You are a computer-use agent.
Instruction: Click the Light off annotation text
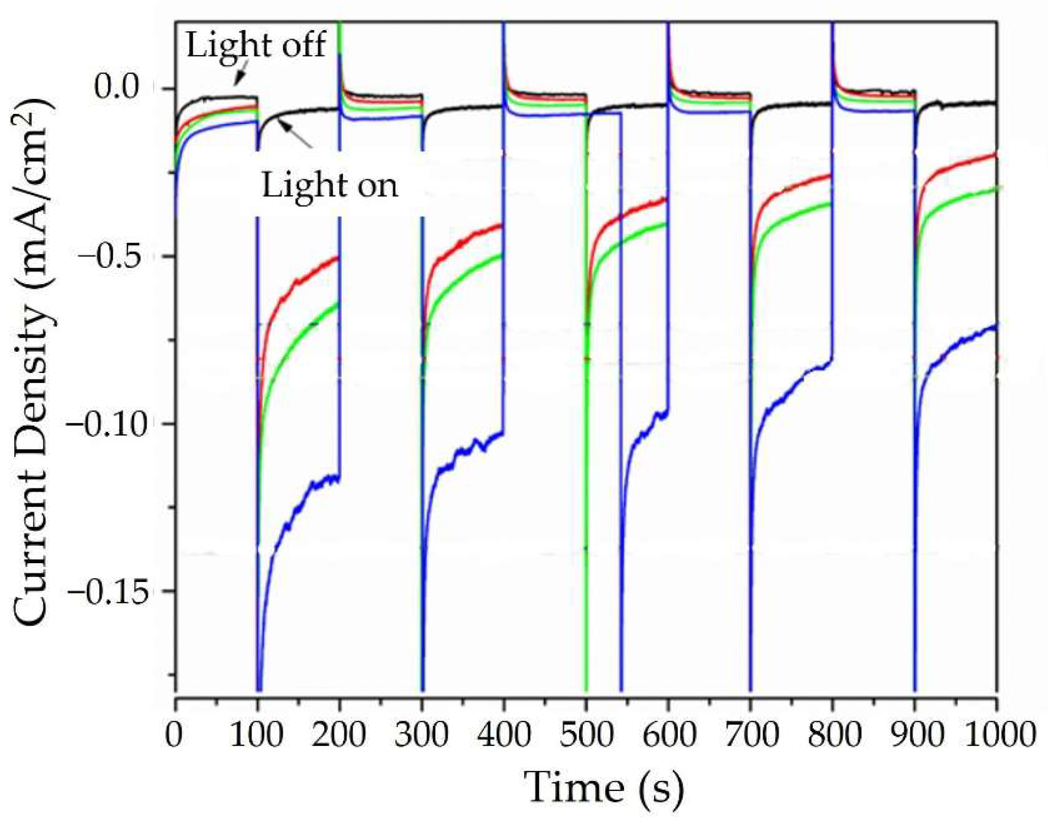coord(256,45)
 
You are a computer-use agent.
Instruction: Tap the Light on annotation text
coord(330,186)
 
